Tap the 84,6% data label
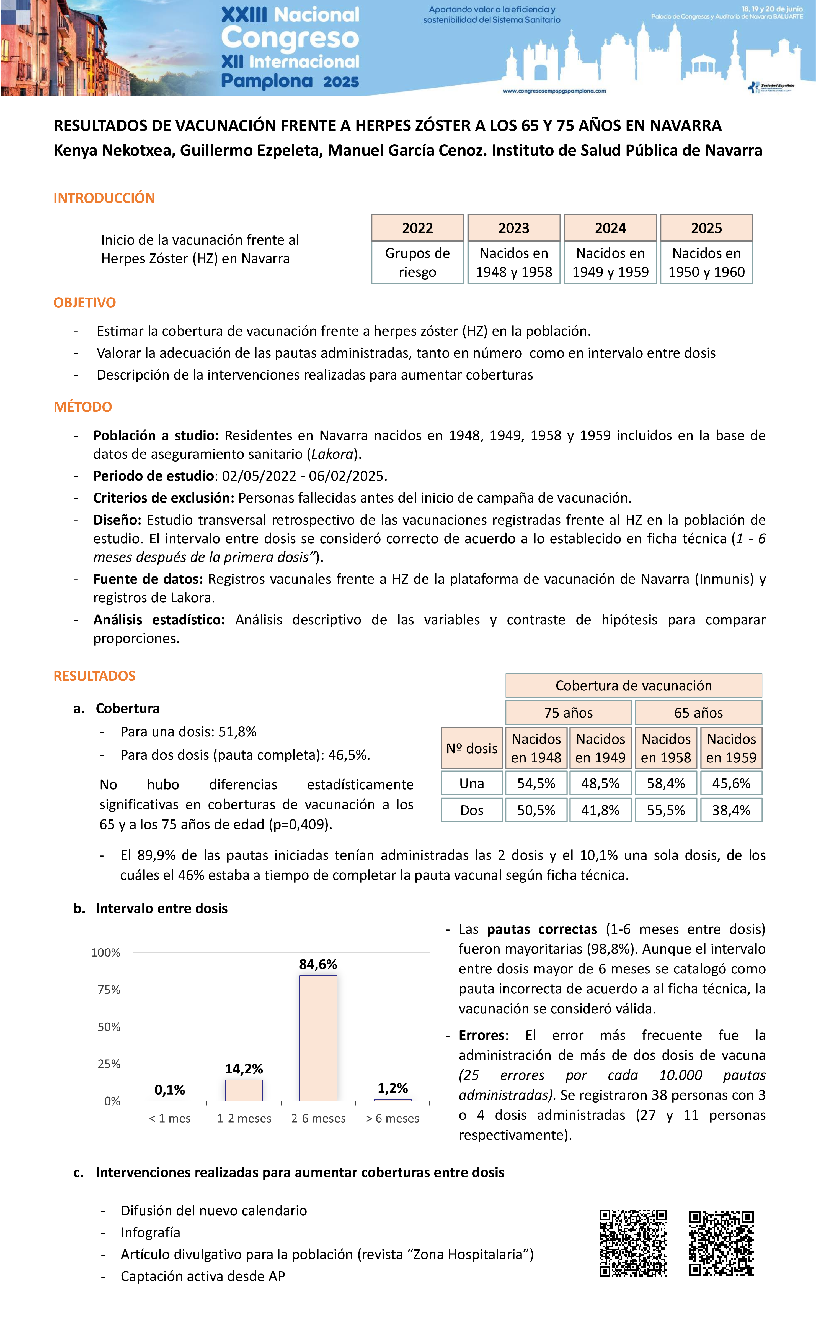(318, 964)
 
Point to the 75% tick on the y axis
(108, 990)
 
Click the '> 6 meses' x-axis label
(392, 1118)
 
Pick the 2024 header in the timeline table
(610, 228)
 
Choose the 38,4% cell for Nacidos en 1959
(731, 811)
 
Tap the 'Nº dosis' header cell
(472, 748)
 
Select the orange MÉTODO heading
(83, 407)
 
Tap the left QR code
(633, 1243)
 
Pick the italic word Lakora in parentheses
(332, 454)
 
